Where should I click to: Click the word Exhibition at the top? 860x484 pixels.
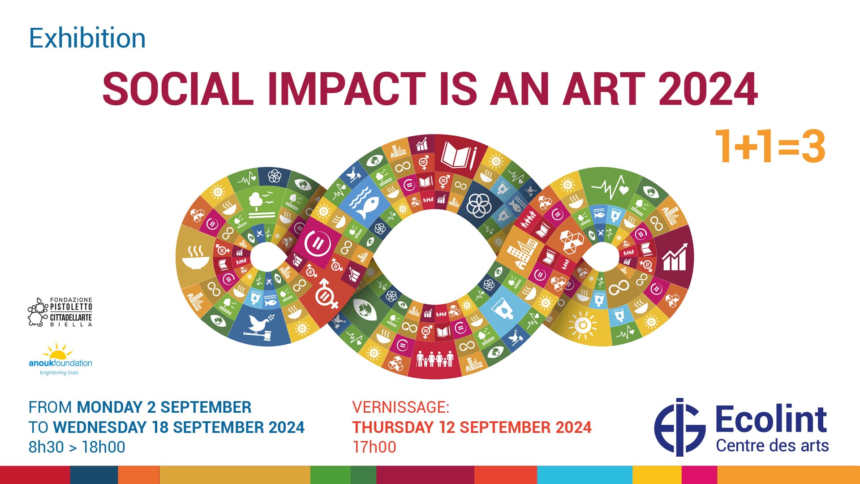pos(87,38)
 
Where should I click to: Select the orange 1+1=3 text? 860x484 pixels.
pos(770,146)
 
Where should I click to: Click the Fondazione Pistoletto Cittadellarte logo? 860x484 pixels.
pos(60,312)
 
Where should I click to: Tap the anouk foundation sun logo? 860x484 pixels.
pos(60,359)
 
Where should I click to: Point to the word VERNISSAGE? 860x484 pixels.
pos(400,407)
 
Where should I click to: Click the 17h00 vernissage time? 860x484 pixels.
pos(374,447)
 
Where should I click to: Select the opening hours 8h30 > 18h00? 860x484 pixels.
pos(77,447)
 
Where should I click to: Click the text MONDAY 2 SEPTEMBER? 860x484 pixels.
pos(164,407)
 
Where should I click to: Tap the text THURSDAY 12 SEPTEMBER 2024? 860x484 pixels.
pos(472,427)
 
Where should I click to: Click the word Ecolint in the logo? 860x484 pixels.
pos(771,419)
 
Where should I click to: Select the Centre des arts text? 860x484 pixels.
pos(772,446)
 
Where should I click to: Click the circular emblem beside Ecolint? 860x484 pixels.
pos(680,427)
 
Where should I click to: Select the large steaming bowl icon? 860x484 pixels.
pos(196,258)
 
